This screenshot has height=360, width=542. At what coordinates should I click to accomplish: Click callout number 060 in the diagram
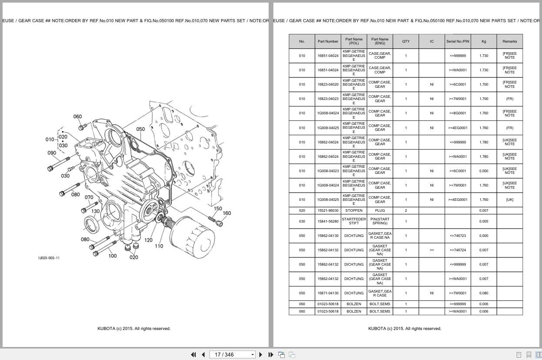pos(77,117)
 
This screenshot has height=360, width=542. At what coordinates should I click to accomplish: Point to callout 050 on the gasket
pos(140,129)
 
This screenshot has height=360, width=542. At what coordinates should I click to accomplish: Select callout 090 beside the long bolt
pos(52,153)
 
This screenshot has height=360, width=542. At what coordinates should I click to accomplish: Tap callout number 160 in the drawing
pos(227,213)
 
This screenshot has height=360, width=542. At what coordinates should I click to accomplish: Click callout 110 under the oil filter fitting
pos(159,246)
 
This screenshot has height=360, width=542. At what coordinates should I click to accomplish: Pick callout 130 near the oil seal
pos(95,211)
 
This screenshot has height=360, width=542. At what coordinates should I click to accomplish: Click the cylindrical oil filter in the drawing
pos(192,237)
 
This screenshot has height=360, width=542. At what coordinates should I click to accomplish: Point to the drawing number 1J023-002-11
pos(49,258)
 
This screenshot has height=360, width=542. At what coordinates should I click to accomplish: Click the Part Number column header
pos(328,41)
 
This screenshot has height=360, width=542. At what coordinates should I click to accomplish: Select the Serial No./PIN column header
pos(458,41)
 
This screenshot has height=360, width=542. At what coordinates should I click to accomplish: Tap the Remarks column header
pos(509,41)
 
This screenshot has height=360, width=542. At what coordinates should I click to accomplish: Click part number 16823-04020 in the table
pos(328,84)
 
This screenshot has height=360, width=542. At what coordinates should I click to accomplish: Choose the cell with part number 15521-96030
pos(328,210)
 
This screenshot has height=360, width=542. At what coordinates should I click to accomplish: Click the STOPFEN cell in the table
pos(354,210)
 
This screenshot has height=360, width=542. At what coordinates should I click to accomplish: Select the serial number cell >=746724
pos(458,250)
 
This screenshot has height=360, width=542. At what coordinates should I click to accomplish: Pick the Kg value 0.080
pos(483,293)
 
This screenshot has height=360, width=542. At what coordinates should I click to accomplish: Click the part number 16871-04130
pos(328,293)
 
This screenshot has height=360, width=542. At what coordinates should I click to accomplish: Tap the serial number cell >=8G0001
pos(458,113)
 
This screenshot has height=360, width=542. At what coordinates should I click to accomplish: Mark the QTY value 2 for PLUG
pos(406,210)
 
